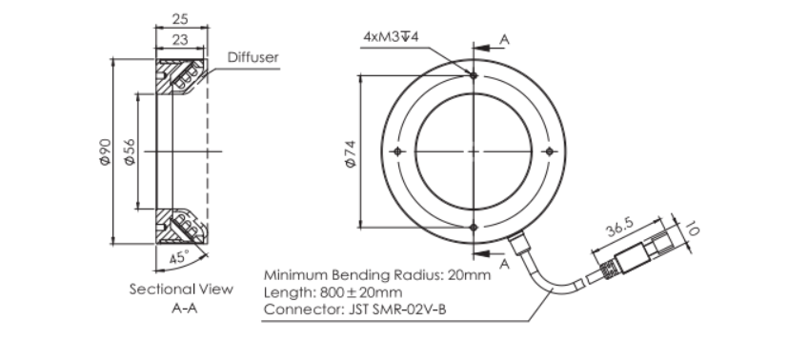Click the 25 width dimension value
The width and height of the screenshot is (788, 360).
[x=180, y=19]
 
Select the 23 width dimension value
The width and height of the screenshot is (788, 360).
[x=180, y=39]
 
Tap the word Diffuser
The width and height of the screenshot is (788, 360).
[x=253, y=57]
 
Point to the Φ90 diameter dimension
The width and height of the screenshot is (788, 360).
[x=105, y=151]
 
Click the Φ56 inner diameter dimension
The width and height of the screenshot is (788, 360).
[x=130, y=151]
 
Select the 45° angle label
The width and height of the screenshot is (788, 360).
[x=179, y=258]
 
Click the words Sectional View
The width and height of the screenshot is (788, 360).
[x=181, y=290]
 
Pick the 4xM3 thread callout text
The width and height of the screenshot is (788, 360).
[x=391, y=37]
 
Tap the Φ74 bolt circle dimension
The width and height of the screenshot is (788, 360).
[x=351, y=153]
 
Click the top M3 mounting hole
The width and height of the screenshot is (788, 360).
[x=474, y=75]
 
